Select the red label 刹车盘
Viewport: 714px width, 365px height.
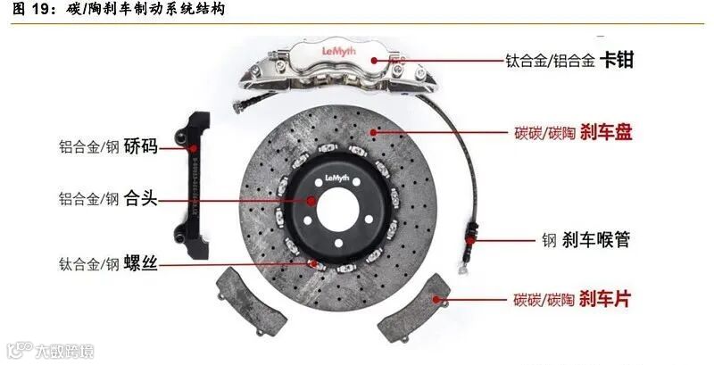[607, 133]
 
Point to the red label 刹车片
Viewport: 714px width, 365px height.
[604, 298]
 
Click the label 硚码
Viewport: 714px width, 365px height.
[141, 145]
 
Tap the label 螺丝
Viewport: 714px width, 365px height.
[141, 263]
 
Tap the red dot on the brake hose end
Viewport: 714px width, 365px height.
[470, 239]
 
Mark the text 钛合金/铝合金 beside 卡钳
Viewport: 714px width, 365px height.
[550, 62]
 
